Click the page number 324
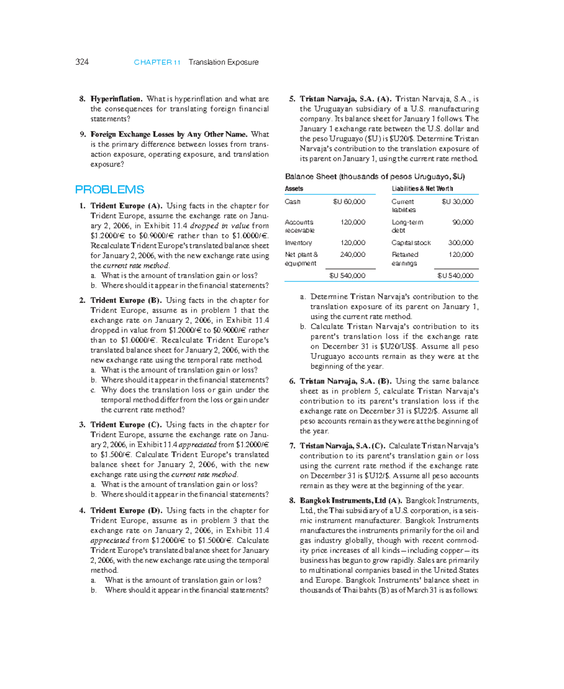[x=82, y=62]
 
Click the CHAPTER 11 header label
[x=157, y=62]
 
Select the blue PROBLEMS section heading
[x=110, y=190]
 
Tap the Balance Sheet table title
[x=375, y=176]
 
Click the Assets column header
[x=294, y=189]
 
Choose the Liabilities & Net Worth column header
[x=422, y=189]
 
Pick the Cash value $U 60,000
[x=349, y=201]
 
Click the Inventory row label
[x=298, y=243]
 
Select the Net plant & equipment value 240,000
[x=352, y=255]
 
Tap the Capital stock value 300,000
[x=461, y=243]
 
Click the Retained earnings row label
[x=405, y=259]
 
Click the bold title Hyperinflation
[x=116, y=99]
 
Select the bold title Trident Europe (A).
[x=126, y=206]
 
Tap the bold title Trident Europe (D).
[x=126, y=510]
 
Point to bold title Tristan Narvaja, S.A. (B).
[x=345, y=381]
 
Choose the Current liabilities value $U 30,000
[x=457, y=201]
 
